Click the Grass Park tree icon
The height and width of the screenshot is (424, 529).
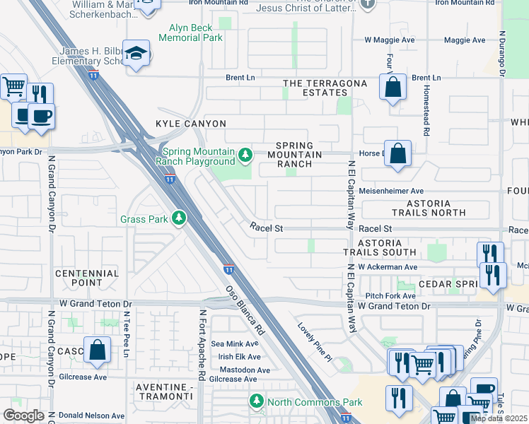(180, 218)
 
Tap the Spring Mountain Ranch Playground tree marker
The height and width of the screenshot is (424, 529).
(245, 154)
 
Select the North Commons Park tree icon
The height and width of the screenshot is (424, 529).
(256, 402)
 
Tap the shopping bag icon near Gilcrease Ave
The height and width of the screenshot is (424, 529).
(97, 350)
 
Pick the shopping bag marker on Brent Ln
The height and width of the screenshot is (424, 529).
(393, 88)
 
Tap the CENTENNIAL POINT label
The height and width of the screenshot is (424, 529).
(86, 278)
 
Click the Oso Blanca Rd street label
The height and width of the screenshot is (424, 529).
(245, 311)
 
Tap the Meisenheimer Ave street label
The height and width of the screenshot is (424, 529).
(391, 191)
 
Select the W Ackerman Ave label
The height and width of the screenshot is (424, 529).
(388, 267)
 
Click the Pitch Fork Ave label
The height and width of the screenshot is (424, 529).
(391, 295)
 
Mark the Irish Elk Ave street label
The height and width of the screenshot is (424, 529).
(240, 357)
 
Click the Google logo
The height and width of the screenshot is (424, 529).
(23, 416)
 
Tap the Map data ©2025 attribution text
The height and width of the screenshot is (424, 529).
(499, 418)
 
